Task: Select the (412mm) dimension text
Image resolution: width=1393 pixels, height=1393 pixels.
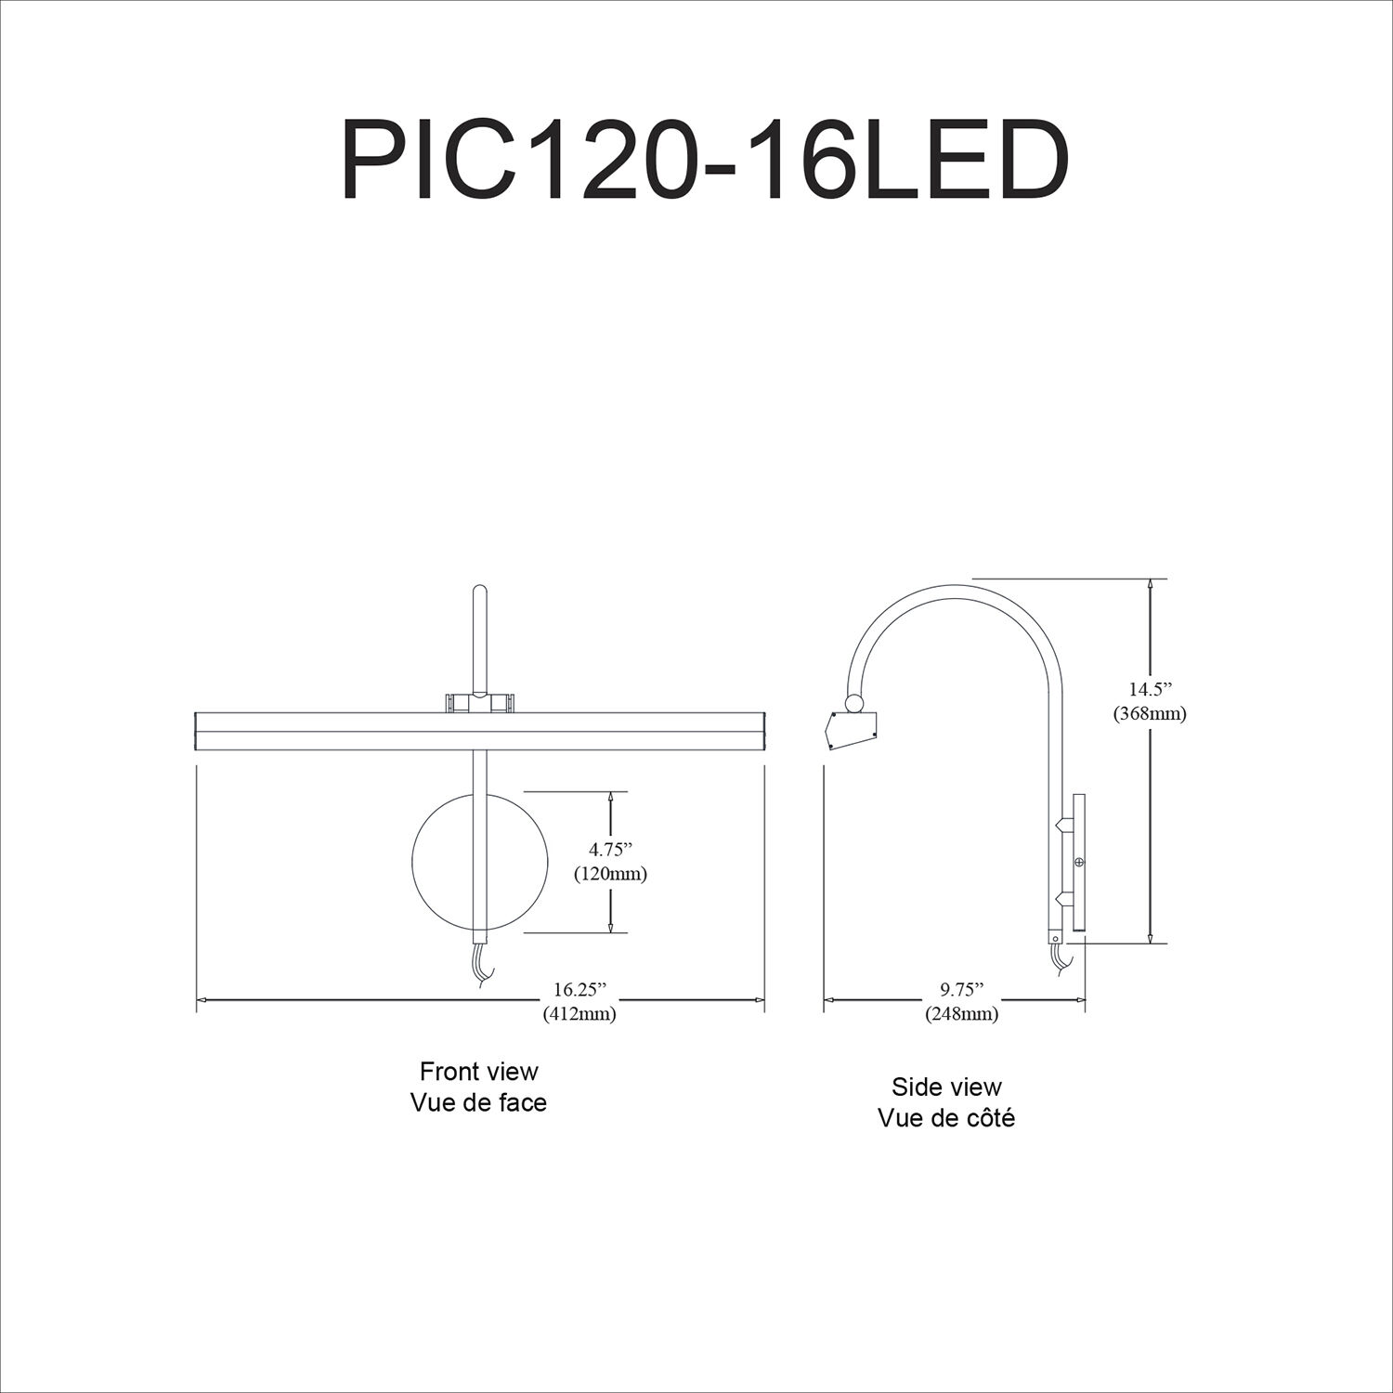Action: point(579,1013)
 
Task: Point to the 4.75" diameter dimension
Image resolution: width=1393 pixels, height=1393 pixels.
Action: point(609,848)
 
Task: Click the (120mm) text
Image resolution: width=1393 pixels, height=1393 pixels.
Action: point(609,874)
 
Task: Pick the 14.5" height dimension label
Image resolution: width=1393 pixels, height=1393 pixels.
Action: point(1151,689)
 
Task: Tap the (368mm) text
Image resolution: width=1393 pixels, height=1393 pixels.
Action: point(1151,714)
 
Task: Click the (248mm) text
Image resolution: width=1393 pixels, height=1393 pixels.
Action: point(960,1013)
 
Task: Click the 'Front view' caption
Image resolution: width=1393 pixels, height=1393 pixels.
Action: point(478,1071)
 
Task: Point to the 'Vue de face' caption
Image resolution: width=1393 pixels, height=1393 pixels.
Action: point(478,1102)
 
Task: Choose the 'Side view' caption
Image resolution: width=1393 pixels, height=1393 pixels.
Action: point(946,1087)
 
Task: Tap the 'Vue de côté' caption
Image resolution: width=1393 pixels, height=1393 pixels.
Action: point(946,1117)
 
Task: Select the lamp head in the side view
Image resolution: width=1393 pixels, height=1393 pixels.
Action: point(852,730)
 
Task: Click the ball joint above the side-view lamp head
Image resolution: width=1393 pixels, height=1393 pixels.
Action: point(852,703)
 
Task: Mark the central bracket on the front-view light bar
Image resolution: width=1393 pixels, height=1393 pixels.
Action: point(479,703)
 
